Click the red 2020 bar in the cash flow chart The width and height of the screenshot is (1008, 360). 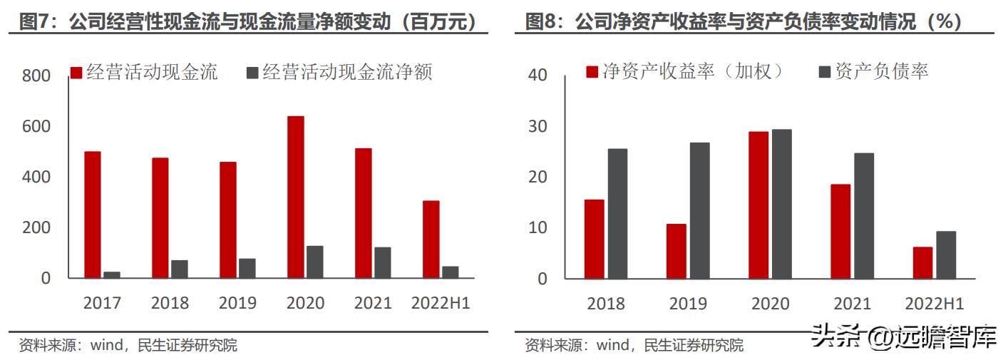pyautogui.click(x=296, y=197)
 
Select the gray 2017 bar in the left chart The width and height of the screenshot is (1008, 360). pyautogui.click(x=112, y=274)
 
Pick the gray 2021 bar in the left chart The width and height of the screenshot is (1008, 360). pyautogui.click(x=383, y=262)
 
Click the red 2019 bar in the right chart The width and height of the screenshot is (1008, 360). pyautogui.click(x=677, y=251)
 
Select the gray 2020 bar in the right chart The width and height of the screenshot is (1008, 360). pyautogui.click(x=781, y=204)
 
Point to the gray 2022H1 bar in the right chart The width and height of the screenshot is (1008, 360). pyautogui.click(x=946, y=254)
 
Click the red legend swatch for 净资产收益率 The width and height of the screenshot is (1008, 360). pyautogui.click(x=592, y=71)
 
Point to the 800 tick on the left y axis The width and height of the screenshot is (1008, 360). pyautogui.click(x=36, y=76)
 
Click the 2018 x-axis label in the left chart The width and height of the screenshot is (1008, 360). pyautogui.click(x=170, y=303)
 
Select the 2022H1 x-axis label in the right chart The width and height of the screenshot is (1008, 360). pyautogui.click(x=935, y=304)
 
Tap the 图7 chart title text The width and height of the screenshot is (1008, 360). pyautogui.click(x=248, y=22)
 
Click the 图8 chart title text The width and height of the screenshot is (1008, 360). pyautogui.click(x=744, y=22)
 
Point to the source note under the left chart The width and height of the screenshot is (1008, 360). pyautogui.click(x=128, y=346)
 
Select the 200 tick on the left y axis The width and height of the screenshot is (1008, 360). pyautogui.click(x=36, y=227)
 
